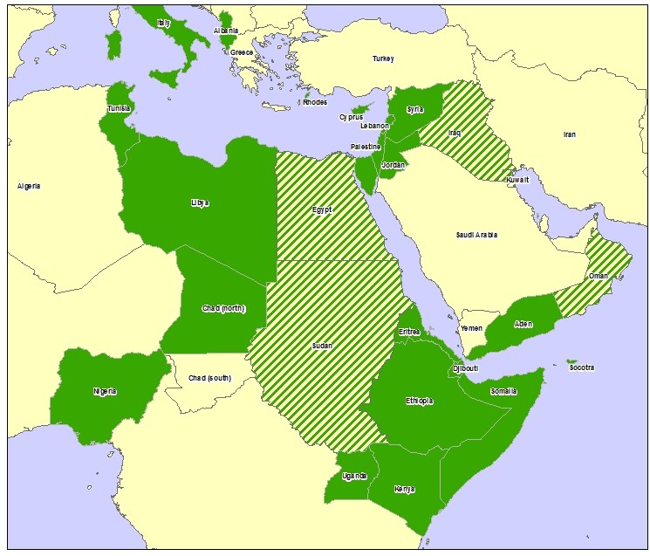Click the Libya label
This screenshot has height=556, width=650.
tap(200, 202)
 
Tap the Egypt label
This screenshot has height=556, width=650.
tap(321, 209)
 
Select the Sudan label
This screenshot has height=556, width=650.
tap(322, 346)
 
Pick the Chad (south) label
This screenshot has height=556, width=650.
tap(209, 378)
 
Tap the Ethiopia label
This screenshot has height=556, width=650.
tap(419, 401)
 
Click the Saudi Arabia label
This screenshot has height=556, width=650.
tap(476, 236)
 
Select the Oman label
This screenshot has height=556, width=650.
tap(599, 276)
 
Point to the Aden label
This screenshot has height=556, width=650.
tap(523, 324)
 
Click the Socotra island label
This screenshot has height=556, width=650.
tap(581, 367)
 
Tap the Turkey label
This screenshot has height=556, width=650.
tap(383, 59)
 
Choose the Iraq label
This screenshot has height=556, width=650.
tap(454, 133)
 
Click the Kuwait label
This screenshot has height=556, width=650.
tap(517, 180)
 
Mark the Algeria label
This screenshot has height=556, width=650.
tap(29, 186)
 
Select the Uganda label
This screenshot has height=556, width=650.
tap(355, 476)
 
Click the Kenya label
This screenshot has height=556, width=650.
tap(404, 488)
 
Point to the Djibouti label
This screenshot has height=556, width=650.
tap(465, 368)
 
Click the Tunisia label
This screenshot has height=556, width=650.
tap(119, 108)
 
